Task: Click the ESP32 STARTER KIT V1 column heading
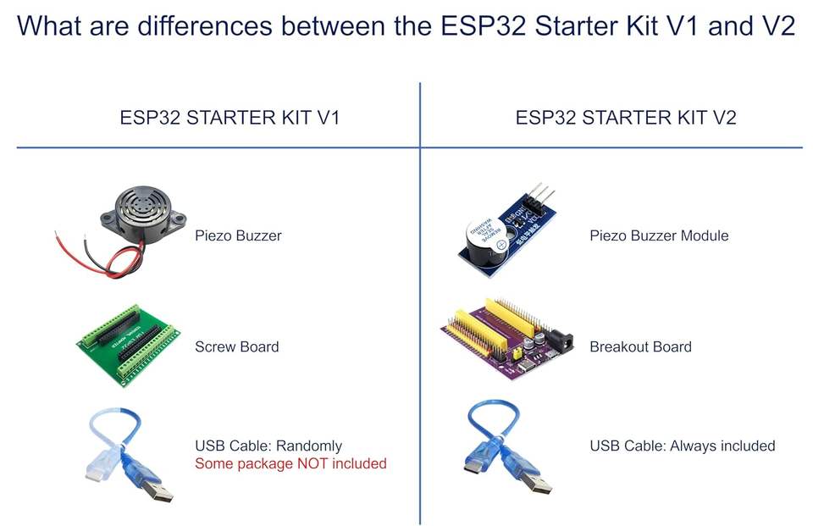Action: [230, 118]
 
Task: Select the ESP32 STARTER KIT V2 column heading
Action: [626, 118]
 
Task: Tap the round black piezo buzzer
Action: [144, 214]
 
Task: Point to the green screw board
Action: [129, 346]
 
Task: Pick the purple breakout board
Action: [507, 340]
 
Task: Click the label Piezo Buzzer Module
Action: [659, 236]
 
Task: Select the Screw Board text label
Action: [237, 346]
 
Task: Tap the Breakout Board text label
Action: [640, 346]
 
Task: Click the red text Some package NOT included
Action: [290, 463]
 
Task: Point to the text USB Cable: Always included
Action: [683, 446]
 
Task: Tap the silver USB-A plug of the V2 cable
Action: [538, 483]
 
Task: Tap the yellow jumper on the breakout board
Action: [517, 354]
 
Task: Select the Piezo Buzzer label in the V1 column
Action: [238, 236]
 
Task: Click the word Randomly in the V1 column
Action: [309, 446]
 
